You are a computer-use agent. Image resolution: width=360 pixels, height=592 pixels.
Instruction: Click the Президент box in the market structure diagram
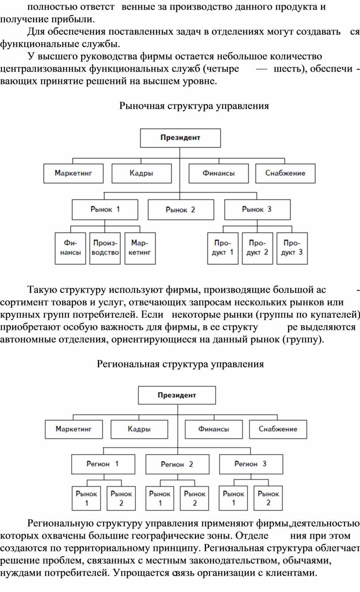(180, 138)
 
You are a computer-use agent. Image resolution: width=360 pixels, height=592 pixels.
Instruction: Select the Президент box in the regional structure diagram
(177, 395)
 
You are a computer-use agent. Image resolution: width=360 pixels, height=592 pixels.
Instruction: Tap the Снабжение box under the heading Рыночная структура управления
(285, 173)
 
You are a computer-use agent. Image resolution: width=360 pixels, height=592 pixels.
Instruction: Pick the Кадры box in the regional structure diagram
(139, 429)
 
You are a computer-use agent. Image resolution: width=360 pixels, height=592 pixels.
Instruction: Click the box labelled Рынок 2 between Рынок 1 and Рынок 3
(181, 210)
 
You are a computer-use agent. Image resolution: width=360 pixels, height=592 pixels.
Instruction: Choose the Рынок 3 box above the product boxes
(258, 210)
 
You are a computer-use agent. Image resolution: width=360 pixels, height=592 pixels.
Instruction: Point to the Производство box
(105, 249)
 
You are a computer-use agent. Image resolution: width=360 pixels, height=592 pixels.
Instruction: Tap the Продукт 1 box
(223, 249)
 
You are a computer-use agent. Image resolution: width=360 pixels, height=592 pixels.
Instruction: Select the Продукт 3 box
(292, 249)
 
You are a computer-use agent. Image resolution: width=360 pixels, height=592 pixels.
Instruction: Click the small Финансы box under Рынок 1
(70, 249)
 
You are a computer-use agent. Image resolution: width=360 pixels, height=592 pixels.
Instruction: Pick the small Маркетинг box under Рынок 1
(140, 249)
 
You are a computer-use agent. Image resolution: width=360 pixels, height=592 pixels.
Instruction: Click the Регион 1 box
(103, 464)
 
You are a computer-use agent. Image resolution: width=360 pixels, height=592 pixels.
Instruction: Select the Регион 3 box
(251, 464)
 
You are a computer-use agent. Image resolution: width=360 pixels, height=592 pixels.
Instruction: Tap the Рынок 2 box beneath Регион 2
(195, 498)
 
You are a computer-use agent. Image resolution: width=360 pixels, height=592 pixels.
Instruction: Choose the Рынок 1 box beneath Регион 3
(233, 498)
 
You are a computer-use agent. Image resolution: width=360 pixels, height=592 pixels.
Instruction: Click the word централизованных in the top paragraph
(43, 69)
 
